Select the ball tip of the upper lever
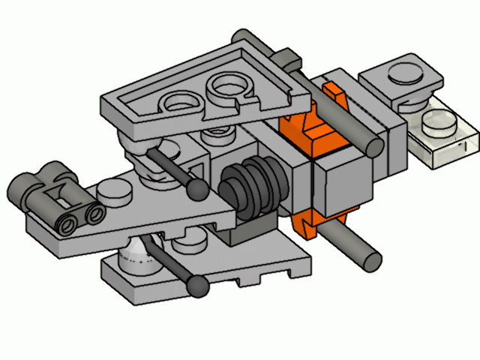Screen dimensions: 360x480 (199, 187)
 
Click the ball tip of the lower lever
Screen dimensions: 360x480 (198, 284)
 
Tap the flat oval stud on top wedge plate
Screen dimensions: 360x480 (180, 100)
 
